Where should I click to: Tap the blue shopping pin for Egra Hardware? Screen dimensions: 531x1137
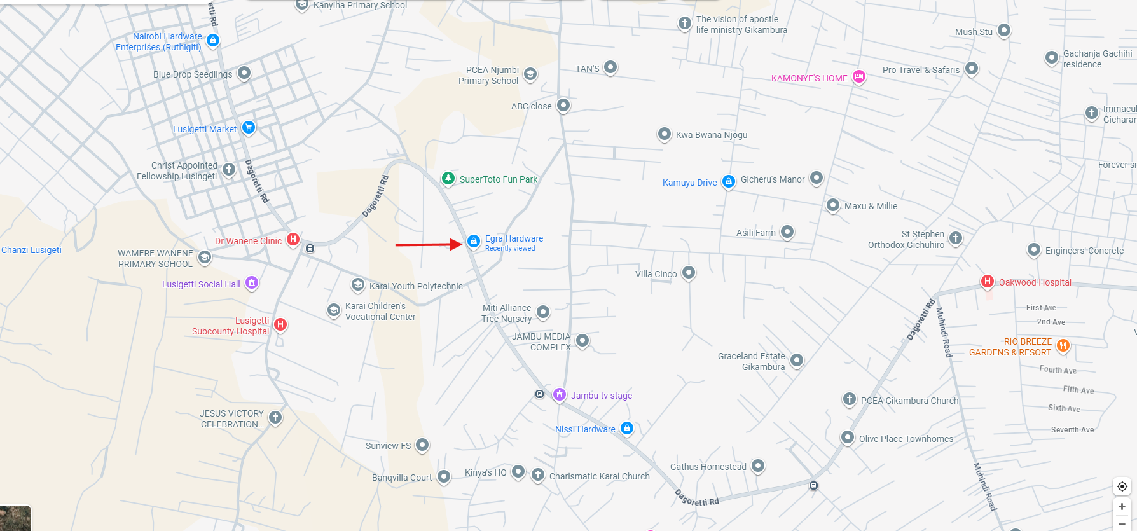coord(473,242)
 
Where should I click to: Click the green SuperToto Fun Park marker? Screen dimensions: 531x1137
coord(448,178)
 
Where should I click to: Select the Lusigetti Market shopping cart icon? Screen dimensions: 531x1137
coord(249,127)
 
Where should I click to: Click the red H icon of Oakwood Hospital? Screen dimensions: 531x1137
coord(987,281)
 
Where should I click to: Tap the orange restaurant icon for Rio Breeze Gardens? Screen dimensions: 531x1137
coord(1063,345)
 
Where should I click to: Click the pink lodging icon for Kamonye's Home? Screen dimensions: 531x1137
coord(859,77)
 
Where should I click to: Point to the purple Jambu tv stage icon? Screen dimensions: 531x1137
coord(560,395)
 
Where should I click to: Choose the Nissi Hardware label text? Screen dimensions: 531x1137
coord(585,429)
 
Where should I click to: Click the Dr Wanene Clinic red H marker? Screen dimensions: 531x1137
coord(293,240)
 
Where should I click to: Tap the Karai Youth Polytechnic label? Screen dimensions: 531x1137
coord(416,286)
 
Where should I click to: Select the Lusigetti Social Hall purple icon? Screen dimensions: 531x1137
coord(252,282)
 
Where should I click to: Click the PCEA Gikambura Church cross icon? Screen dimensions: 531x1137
coord(850,399)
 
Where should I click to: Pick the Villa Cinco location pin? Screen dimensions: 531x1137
coord(689,273)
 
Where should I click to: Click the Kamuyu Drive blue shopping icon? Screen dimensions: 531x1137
coord(729,181)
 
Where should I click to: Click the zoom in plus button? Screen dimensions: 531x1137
coord(1122,507)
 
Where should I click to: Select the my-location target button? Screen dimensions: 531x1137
coord(1122,486)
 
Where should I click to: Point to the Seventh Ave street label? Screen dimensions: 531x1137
coord(1072,430)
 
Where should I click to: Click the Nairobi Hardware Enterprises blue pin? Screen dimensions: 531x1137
coord(213,41)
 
